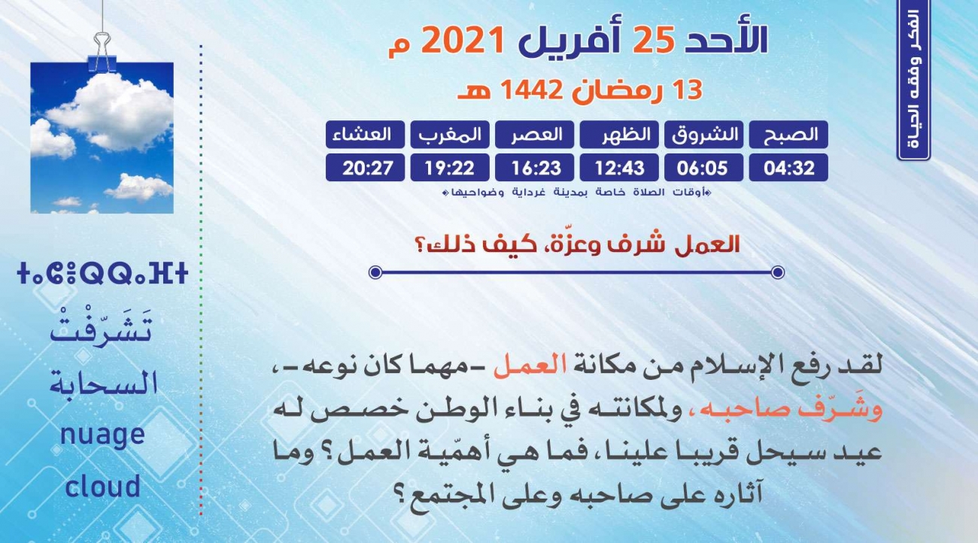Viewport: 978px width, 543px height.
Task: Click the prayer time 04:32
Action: coord(788,168)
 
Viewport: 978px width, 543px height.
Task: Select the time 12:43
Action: coord(619,168)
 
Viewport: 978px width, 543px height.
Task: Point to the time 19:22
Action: coord(450,168)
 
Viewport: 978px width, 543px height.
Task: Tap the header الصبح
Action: coord(788,135)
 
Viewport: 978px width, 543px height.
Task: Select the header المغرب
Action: coord(450,135)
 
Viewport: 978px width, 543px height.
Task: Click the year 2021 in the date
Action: coord(463,40)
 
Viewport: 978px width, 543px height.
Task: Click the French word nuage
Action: coord(102,435)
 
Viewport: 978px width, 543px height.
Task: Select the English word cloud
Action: coord(102,486)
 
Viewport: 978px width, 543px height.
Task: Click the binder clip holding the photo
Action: coord(102,51)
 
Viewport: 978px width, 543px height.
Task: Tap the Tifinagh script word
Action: coord(102,274)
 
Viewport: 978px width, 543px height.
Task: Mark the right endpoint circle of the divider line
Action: coord(778,272)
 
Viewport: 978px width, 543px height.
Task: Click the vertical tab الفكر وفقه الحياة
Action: coord(914,80)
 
